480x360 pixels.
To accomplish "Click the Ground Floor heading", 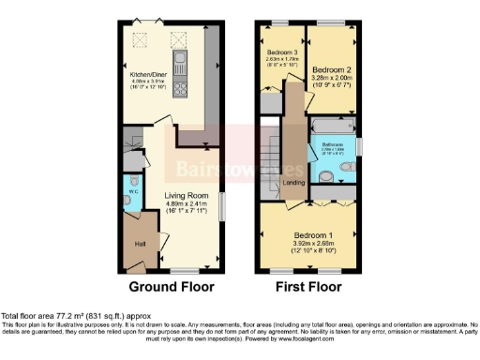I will (172, 287).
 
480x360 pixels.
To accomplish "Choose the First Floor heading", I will (307, 287).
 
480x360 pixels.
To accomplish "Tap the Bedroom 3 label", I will (281, 52).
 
